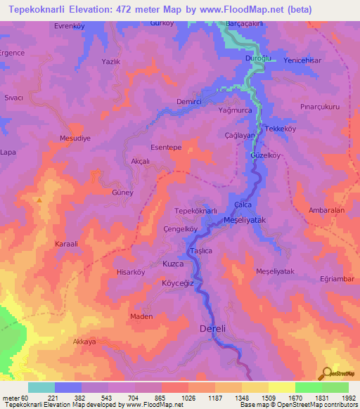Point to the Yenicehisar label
[302, 60]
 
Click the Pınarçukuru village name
[319, 108]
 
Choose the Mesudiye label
[75, 138]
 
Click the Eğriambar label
[335, 279]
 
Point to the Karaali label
[68, 244]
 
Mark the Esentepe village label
[167, 148]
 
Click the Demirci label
[169, 102]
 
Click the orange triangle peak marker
[40, 200]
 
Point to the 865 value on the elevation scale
[161, 398]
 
